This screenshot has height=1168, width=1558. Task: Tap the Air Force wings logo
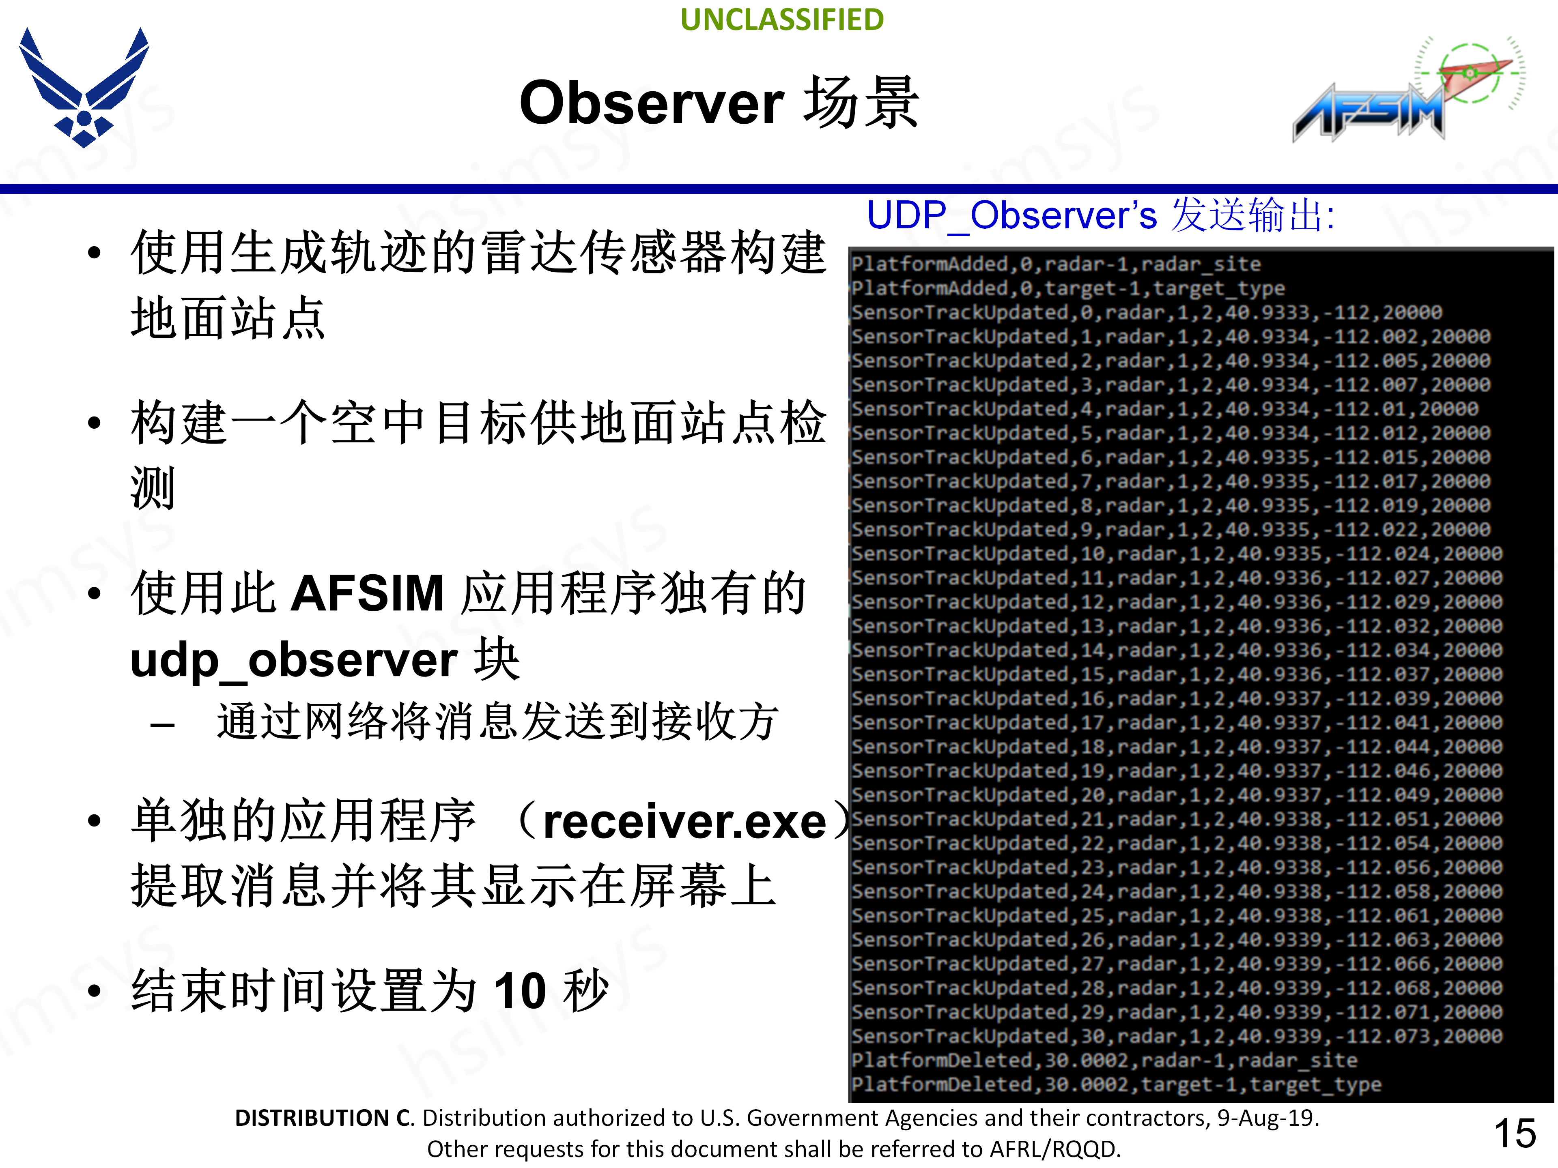point(84,87)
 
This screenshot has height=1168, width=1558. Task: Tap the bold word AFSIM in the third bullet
point(366,593)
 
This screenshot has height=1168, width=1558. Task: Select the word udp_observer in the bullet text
point(294,660)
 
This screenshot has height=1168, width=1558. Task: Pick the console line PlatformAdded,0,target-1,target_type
point(1067,288)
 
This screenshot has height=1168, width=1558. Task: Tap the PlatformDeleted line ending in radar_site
point(1103,1060)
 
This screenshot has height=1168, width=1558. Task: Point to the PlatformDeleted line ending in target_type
point(1115,1084)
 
